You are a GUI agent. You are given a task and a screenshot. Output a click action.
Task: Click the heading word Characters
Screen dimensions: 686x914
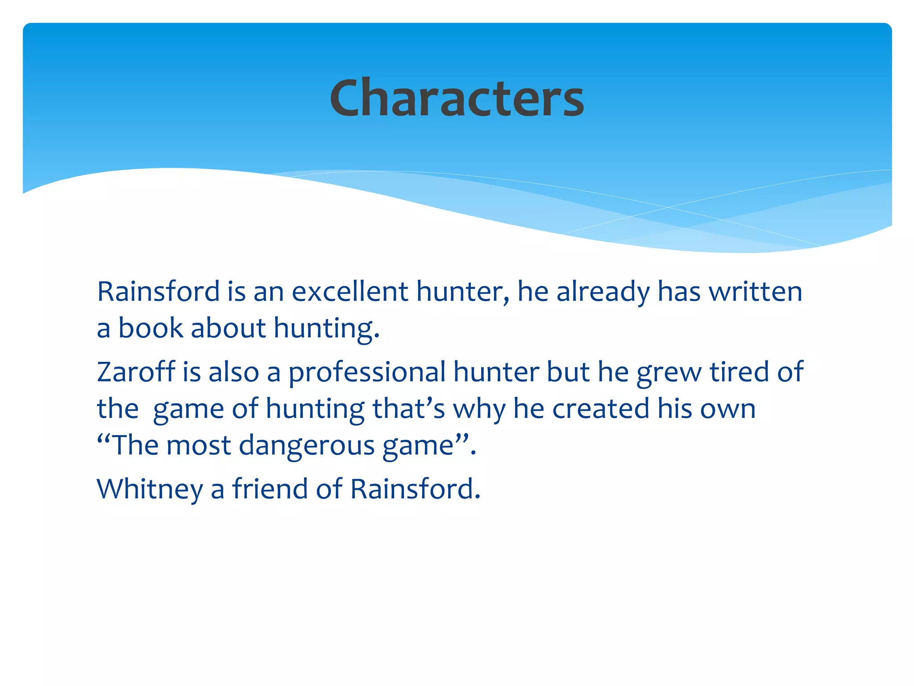[457, 98]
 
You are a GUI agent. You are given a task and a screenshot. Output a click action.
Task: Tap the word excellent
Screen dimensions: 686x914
[350, 292]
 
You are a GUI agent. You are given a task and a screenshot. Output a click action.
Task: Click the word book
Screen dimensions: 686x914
[150, 328]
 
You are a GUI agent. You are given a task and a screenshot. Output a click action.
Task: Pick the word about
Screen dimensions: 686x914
[228, 328]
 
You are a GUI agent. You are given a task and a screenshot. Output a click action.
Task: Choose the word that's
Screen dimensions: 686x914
[409, 409]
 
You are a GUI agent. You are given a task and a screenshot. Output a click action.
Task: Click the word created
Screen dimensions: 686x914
[601, 409]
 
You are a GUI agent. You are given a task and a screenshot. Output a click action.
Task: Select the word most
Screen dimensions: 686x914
[199, 446]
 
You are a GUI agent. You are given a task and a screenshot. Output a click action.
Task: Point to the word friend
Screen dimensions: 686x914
[270, 488]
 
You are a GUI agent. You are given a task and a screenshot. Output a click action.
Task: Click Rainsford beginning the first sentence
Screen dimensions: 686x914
[158, 292]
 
